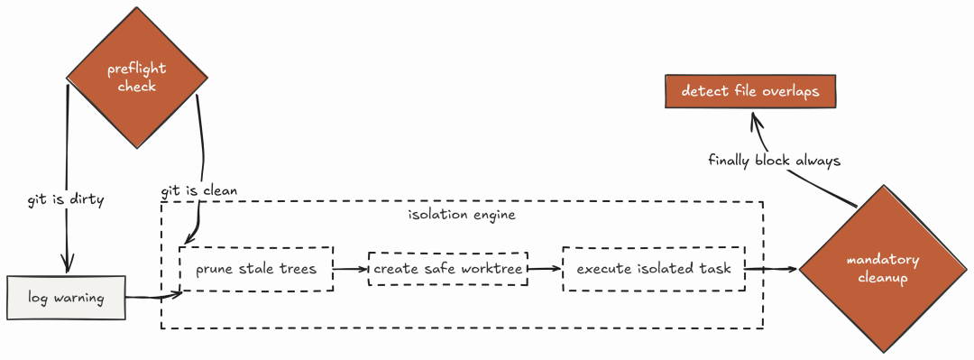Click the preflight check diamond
137,78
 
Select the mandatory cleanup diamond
883,269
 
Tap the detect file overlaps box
750,91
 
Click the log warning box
66,298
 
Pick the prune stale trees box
256,269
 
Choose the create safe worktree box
448,269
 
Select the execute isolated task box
654,269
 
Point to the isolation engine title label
462,215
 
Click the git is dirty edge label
65,200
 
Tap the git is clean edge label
199,191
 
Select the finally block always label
774,161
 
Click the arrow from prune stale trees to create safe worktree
351,269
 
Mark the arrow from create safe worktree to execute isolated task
545,269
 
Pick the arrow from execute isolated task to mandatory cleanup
771,269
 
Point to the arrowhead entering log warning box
66,265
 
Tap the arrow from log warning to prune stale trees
153,297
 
